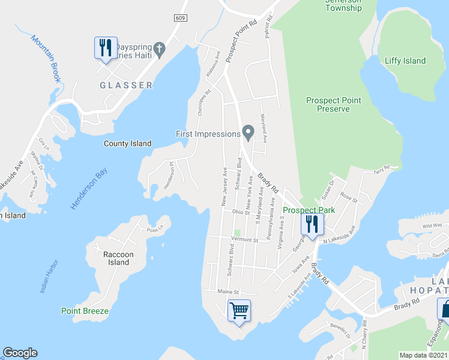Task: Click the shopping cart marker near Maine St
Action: (239, 311)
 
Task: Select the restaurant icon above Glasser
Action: (106, 47)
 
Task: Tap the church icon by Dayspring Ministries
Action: (159, 49)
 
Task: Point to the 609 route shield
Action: (181, 19)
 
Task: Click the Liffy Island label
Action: (405, 61)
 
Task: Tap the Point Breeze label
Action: (85, 311)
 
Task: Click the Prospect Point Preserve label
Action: (333, 105)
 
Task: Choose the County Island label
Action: (127, 143)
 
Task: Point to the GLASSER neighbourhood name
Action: (125, 85)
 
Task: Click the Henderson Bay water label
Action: (84, 189)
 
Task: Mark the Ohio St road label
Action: (240, 212)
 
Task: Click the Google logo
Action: (20, 353)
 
